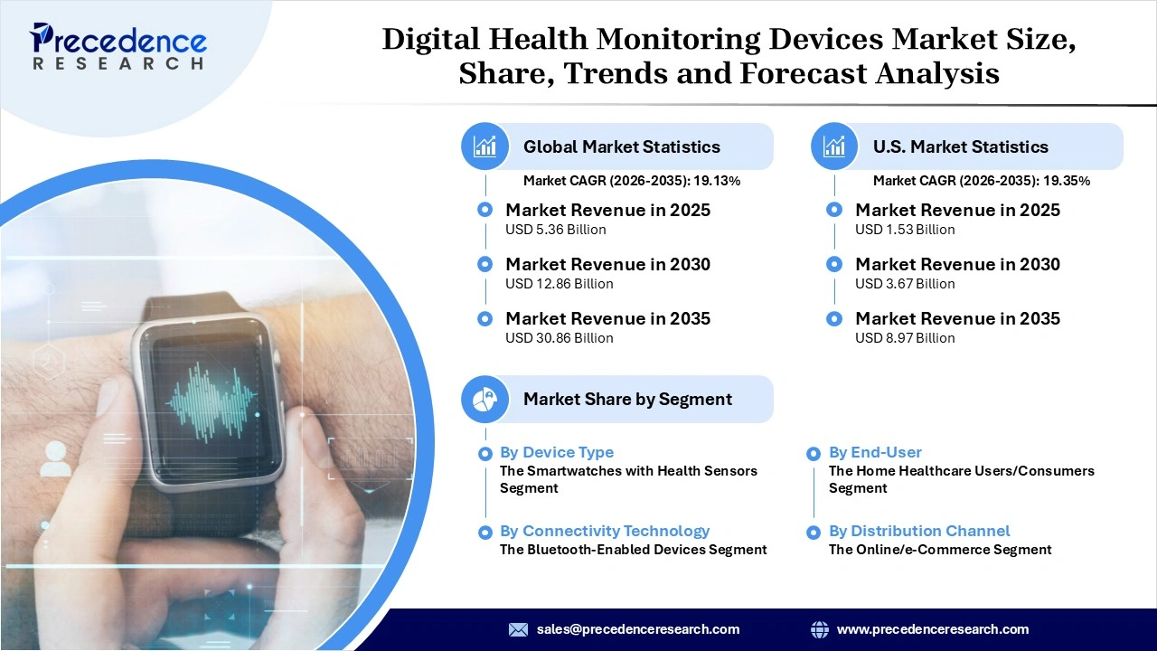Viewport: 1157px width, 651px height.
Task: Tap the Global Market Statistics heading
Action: pyautogui.click(x=622, y=146)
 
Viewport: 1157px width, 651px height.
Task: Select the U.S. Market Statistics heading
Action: pyautogui.click(x=960, y=146)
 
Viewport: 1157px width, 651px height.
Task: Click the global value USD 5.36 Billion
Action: pyautogui.click(x=555, y=230)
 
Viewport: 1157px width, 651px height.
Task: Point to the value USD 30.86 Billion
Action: pyautogui.click(x=559, y=338)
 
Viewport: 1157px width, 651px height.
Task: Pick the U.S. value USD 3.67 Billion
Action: pyautogui.click(x=905, y=284)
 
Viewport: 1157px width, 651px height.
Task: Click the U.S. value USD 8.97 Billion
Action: pyautogui.click(x=905, y=338)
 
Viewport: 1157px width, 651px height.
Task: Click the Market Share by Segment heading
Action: pyautogui.click(x=627, y=399)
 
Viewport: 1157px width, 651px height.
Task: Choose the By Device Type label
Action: pyautogui.click(x=556, y=452)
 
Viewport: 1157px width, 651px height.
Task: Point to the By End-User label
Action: pyautogui.click(x=875, y=452)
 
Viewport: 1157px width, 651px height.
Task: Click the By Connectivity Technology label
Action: pyautogui.click(x=604, y=531)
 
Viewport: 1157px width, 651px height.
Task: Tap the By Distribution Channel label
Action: pyautogui.click(x=919, y=531)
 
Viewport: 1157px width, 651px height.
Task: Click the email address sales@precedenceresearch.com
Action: pyautogui.click(x=638, y=629)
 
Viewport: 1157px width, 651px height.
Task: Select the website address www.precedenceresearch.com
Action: pyautogui.click(x=933, y=629)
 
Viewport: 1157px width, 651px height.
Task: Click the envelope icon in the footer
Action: pyautogui.click(x=518, y=629)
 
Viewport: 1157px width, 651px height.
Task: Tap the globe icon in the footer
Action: pyautogui.click(x=820, y=629)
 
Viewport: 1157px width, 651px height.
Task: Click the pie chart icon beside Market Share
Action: pyautogui.click(x=485, y=399)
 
